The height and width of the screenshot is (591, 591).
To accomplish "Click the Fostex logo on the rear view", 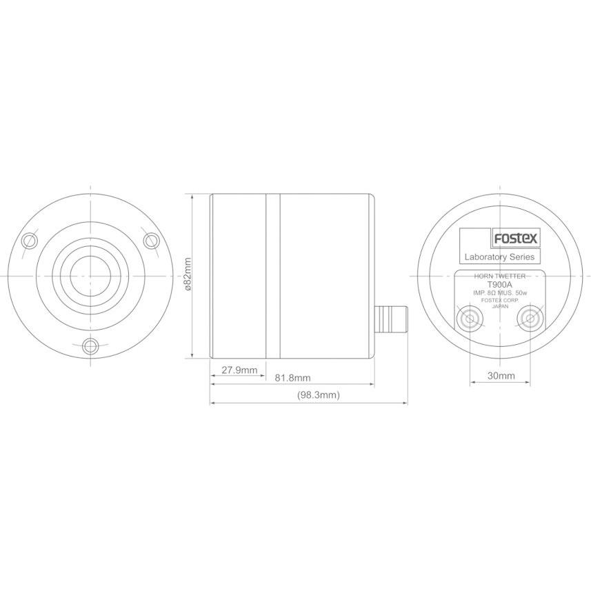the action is [516, 238].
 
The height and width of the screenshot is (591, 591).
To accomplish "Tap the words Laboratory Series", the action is [499, 257].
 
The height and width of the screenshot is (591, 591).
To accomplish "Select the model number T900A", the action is [499, 285].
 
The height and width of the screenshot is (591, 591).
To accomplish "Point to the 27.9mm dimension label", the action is [239, 370].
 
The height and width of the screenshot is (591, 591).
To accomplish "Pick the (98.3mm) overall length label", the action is [319, 395].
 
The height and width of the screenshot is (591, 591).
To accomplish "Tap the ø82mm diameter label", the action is [188, 274].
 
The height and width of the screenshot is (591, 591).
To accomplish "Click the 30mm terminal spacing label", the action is [501, 375].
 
